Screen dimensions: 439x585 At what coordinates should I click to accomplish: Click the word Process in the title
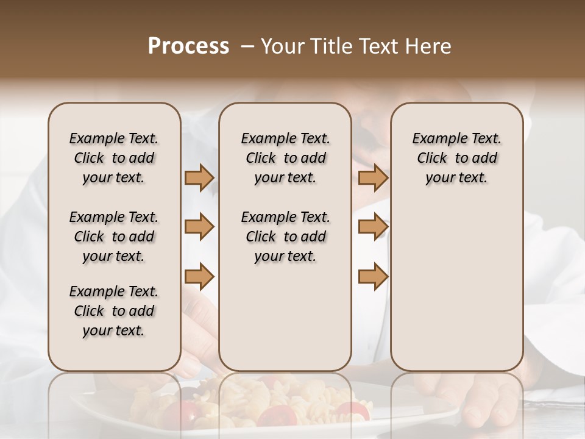tap(188, 46)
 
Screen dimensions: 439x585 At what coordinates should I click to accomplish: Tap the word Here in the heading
tap(430, 46)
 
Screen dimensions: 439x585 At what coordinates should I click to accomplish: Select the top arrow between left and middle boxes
tap(199, 178)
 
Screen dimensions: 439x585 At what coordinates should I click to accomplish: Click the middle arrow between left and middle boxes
tap(199, 227)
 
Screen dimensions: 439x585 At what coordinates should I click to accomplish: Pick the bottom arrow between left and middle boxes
tap(199, 276)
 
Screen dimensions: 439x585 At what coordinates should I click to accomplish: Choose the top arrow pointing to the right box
tap(373, 178)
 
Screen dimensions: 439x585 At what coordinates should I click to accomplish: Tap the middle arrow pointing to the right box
tap(373, 227)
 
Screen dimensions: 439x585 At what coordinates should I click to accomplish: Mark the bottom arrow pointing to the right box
tap(373, 276)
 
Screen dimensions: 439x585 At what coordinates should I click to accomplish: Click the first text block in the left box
tap(114, 158)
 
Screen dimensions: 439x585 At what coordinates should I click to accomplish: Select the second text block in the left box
tap(114, 237)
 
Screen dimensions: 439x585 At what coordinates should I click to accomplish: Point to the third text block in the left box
tap(114, 311)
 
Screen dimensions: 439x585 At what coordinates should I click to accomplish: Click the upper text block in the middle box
tap(285, 158)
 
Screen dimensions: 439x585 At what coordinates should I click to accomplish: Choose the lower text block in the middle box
tap(285, 237)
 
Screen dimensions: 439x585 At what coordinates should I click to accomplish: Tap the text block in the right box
tap(456, 158)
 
